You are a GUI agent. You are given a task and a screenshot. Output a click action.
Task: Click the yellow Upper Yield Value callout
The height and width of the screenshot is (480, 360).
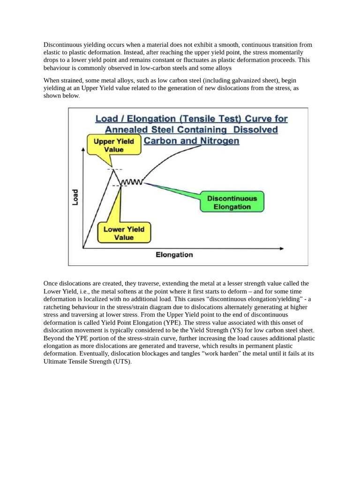[x=114, y=145]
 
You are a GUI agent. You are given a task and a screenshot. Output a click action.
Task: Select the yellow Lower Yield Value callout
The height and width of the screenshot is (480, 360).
[x=124, y=233]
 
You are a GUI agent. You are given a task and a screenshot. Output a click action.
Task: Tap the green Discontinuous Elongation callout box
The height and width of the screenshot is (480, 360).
[x=232, y=202]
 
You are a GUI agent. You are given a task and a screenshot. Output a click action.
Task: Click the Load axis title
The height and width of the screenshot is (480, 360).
[x=75, y=197]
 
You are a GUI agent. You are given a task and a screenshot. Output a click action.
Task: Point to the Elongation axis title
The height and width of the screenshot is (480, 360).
[x=174, y=255]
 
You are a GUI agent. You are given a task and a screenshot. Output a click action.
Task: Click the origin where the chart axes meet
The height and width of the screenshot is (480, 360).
[x=83, y=247]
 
